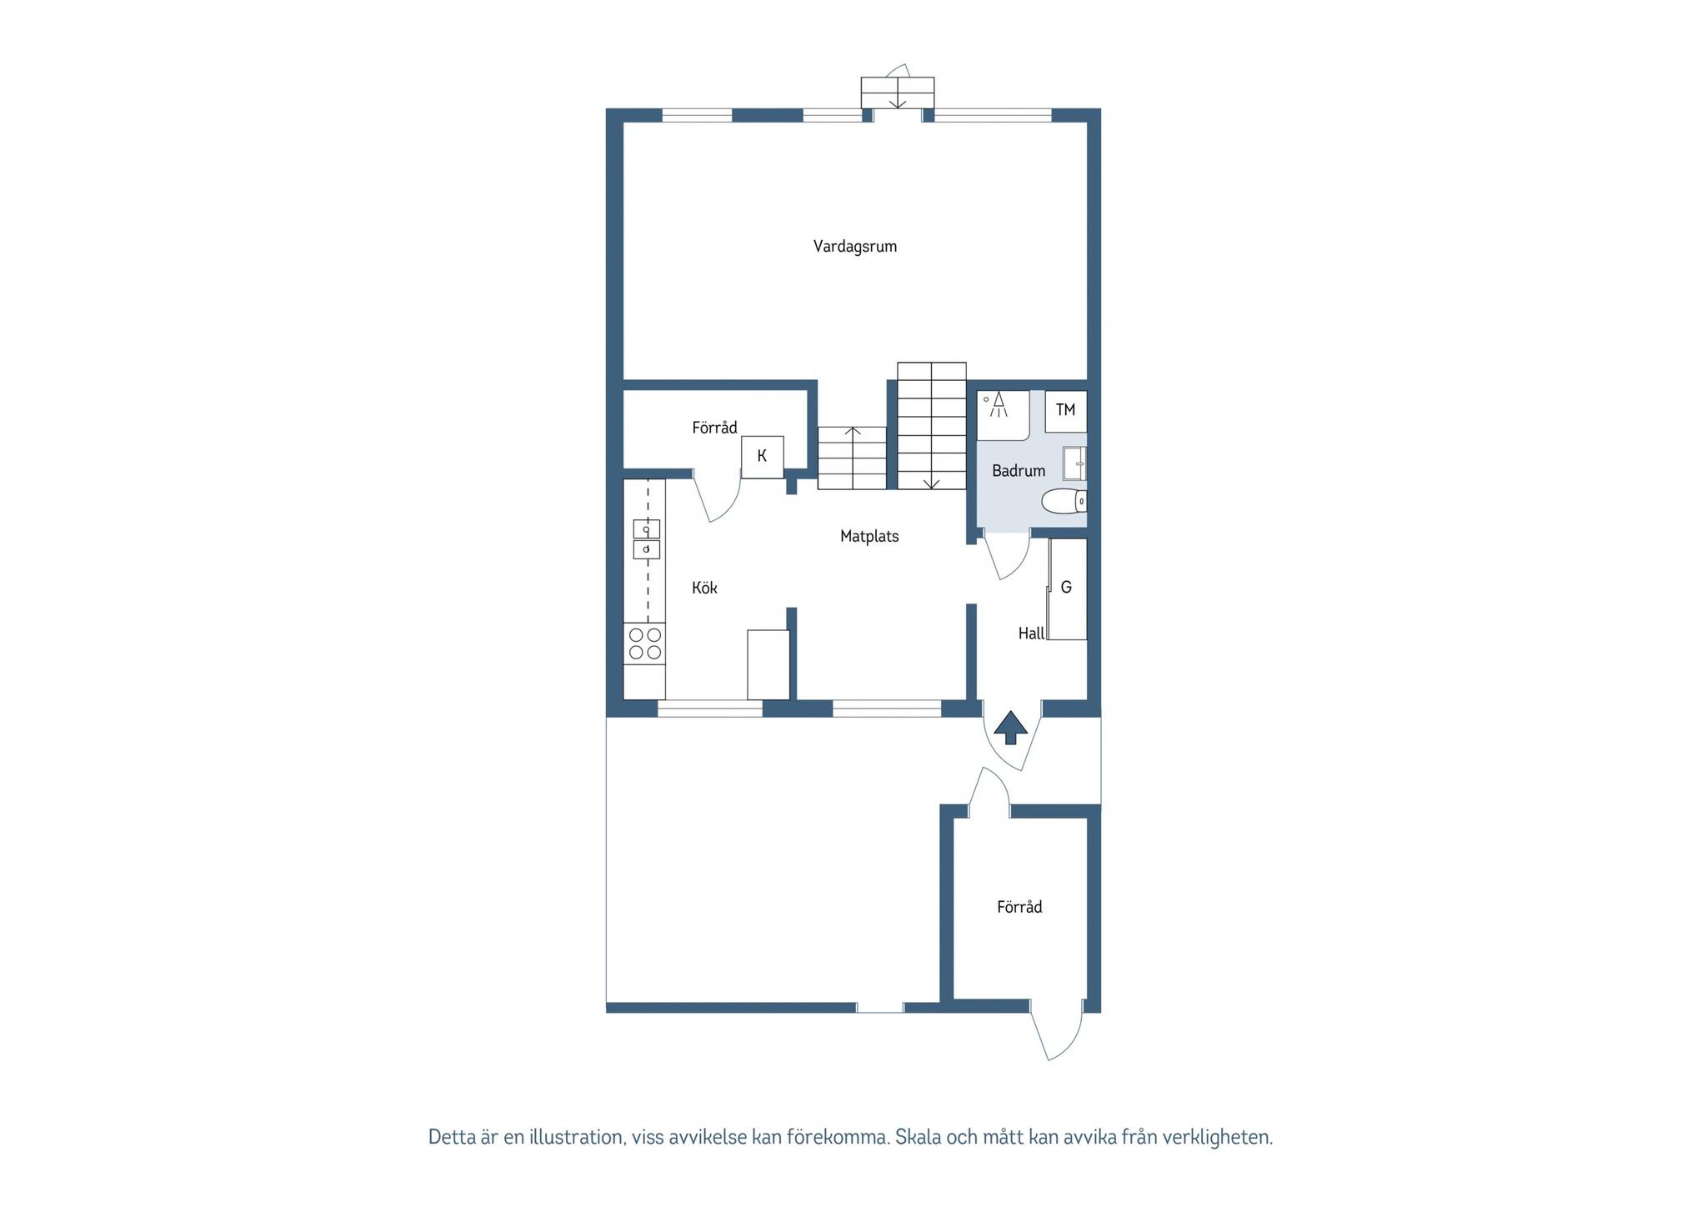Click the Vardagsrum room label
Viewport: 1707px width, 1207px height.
[x=855, y=247]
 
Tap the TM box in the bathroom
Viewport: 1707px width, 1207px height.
[x=1066, y=411]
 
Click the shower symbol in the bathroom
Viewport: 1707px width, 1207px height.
[x=998, y=405]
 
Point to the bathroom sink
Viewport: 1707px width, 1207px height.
[x=1074, y=464]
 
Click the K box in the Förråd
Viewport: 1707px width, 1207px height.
[x=763, y=457]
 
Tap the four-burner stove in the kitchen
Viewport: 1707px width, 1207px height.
[x=645, y=644]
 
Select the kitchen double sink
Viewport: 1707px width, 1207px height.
[x=647, y=539]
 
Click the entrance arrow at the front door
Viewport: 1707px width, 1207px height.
[x=1011, y=727]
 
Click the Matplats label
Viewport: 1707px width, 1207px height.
[x=869, y=537]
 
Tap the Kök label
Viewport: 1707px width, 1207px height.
[x=704, y=588]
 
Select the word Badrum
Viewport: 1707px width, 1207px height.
[x=1019, y=471]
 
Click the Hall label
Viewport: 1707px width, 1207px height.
[x=1031, y=634]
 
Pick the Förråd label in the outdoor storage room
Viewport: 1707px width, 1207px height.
[x=1019, y=907]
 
